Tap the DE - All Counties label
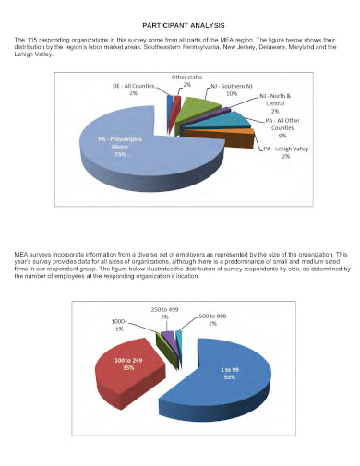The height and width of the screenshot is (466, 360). [x=135, y=90]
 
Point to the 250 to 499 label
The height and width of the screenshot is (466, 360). [x=166, y=311]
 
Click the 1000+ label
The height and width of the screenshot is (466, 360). [x=120, y=326]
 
